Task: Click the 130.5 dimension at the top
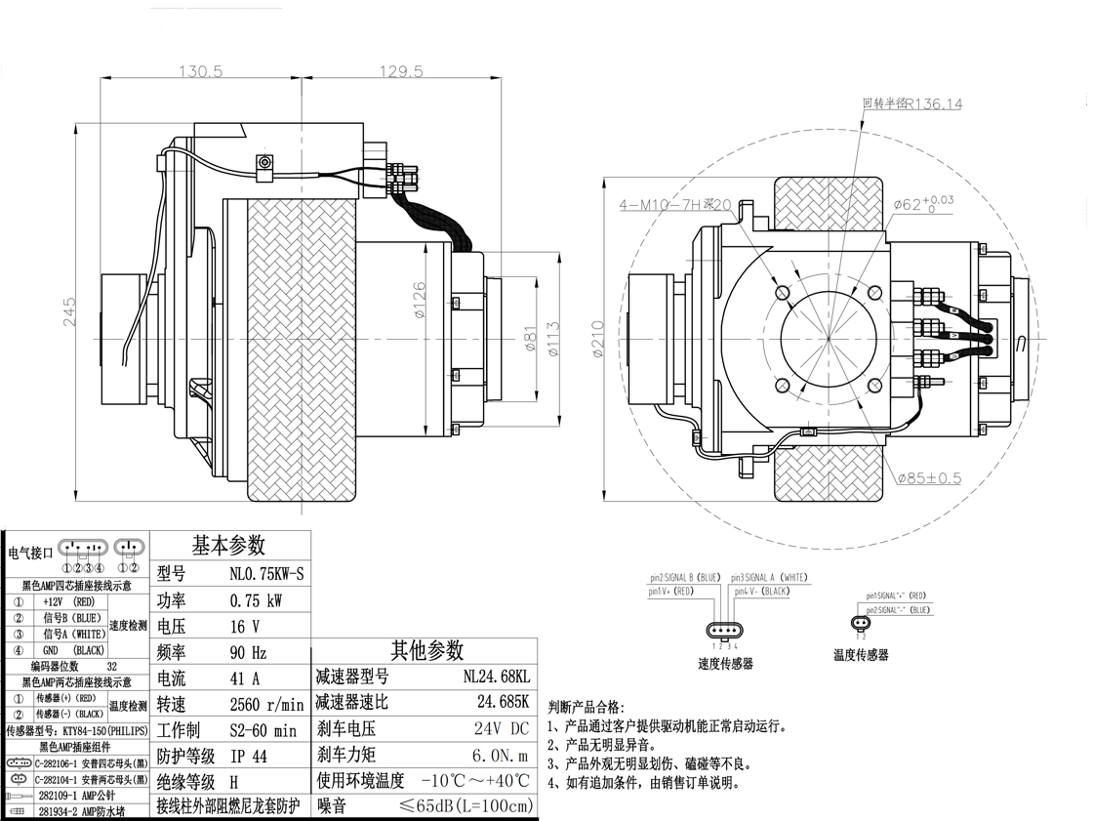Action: click(x=201, y=71)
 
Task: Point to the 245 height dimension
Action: click(x=69, y=312)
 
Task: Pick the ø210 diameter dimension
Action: click(x=598, y=338)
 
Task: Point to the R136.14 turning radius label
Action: click(x=912, y=103)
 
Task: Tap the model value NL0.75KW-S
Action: click(x=266, y=575)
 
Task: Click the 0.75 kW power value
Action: click(x=256, y=600)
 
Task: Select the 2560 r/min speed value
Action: click(x=266, y=704)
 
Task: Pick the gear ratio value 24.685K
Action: click(x=503, y=702)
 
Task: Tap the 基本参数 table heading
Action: click(x=228, y=546)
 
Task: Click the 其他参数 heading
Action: click(x=426, y=650)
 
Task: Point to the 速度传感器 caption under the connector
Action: click(x=725, y=664)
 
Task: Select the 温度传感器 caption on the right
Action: click(x=861, y=655)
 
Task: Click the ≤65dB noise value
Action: click(x=467, y=805)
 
